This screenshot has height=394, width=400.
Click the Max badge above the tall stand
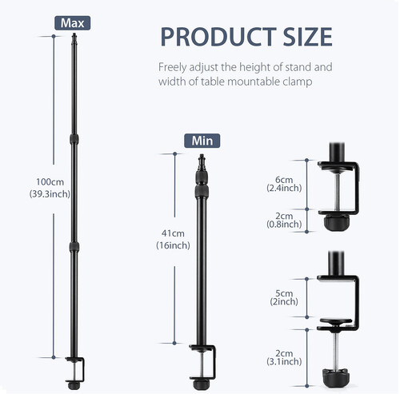point(73,23)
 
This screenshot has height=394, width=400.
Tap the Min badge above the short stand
point(202,141)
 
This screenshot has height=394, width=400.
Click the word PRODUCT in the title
point(218,37)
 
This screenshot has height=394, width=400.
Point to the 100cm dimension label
point(50,182)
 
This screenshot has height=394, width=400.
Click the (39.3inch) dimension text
point(50,193)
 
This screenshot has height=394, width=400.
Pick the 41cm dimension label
point(173,233)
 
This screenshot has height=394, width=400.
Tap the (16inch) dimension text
point(173,245)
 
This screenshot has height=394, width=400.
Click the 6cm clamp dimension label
point(284,180)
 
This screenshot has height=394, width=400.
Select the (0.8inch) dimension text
point(284,225)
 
